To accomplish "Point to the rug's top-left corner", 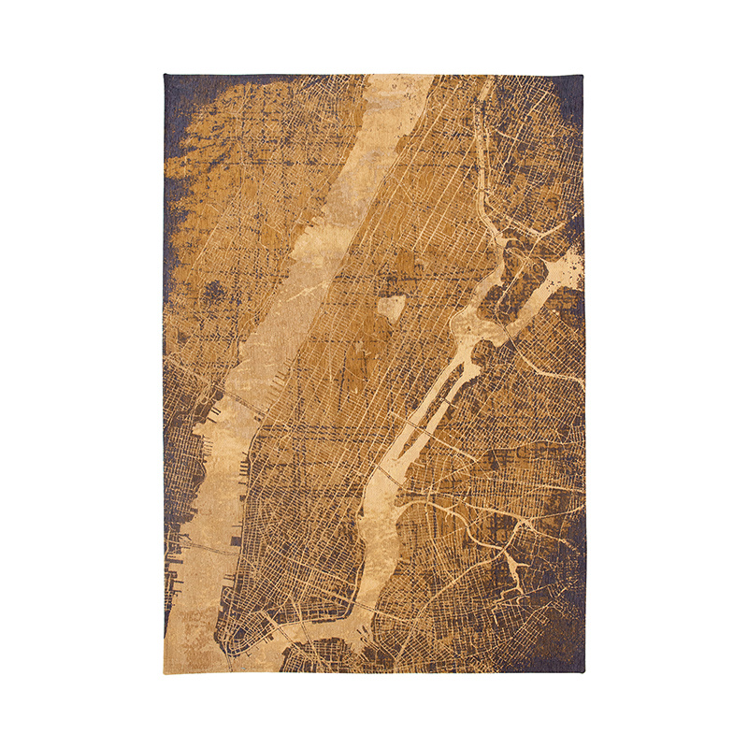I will coord(165,76).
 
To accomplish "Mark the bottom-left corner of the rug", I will coord(165,672).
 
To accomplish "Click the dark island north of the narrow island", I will coord(524,280).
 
